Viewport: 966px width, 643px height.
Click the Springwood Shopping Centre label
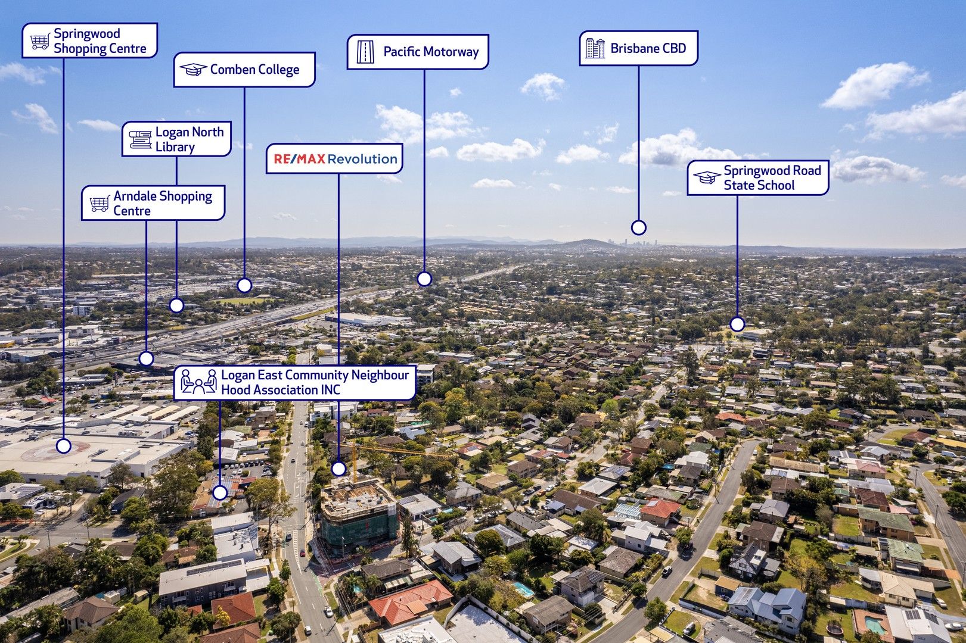(90, 40)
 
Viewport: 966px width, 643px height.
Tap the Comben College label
(244, 70)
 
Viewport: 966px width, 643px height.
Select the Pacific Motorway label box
(418, 52)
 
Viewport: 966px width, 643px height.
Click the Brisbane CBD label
(639, 48)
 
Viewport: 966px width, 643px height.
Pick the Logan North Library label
(176, 139)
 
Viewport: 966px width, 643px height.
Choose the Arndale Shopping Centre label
(153, 203)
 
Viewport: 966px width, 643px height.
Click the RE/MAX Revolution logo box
(335, 158)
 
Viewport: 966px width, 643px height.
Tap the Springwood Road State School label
(757, 178)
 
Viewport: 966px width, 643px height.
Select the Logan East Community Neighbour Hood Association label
(295, 383)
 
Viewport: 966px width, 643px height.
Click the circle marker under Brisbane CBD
(639, 227)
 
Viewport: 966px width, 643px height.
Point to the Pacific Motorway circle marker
(424, 279)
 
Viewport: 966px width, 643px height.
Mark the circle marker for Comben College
(244, 285)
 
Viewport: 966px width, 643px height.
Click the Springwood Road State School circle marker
(737, 324)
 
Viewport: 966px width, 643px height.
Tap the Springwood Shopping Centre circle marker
(63, 445)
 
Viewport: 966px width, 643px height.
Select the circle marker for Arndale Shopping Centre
(146, 358)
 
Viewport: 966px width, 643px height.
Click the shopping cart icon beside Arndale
(100, 204)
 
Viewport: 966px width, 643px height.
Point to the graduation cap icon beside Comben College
(193, 70)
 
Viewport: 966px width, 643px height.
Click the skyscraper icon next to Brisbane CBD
(595, 48)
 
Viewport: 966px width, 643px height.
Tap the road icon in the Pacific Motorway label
(365, 52)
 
